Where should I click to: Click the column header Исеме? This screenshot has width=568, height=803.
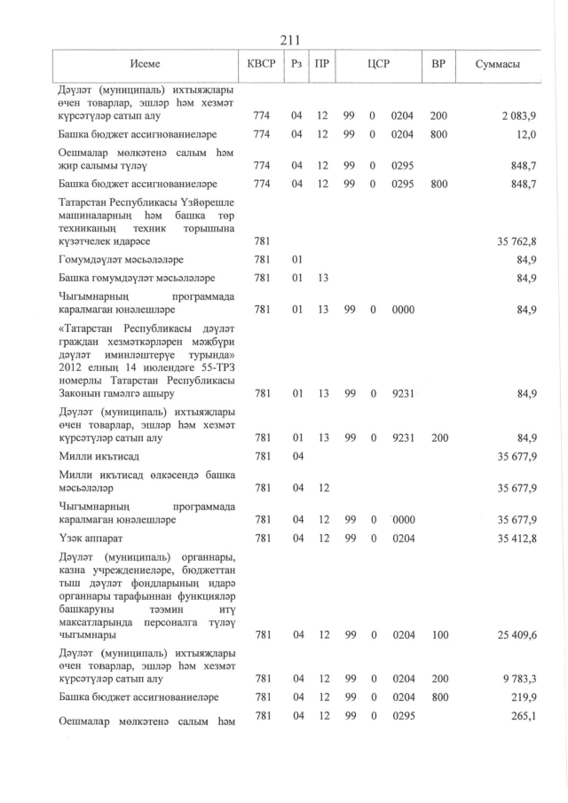click(x=145, y=66)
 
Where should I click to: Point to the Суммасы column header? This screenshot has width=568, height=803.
click(x=497, y=66)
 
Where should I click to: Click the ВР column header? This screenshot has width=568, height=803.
click(x=438, y=66)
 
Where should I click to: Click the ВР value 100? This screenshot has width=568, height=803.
click(x=438, y=634)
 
